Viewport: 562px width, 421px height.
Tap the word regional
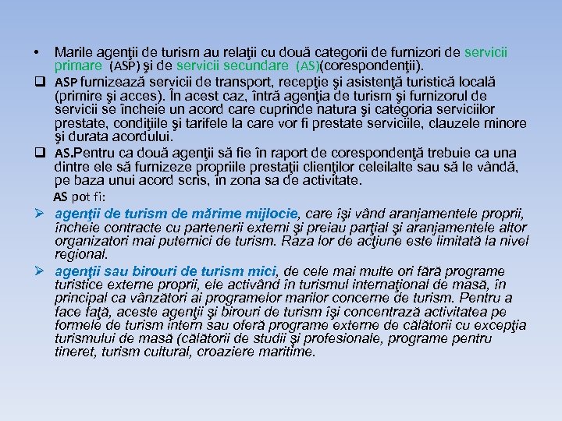[81, 253]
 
